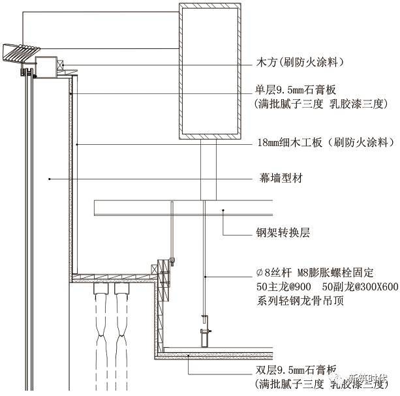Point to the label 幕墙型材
point(279,177)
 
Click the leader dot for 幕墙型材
point(50,177)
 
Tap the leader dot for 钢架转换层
point(224,210)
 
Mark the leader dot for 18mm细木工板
point(76,142)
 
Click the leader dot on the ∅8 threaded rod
point(204,277)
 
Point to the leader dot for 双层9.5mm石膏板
point(189,356)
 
